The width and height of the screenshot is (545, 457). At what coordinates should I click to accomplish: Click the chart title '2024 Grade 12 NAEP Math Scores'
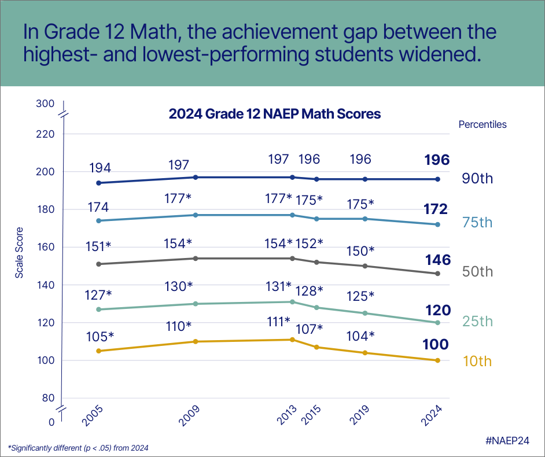pyautogui.click(x=274, y=114)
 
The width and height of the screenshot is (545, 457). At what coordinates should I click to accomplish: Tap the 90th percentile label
pyautogui.click(x=477, y=178)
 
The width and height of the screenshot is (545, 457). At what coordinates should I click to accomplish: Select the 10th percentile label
pyautogui.click(x=477, y=362)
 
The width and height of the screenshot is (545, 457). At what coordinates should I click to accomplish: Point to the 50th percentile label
pyautogui.click(x=477, y=272)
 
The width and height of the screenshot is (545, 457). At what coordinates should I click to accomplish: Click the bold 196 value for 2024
pyautogui.click(x=436, y=160)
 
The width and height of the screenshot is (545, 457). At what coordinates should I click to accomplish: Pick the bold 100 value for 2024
pyautogui.click(x=435, y=345)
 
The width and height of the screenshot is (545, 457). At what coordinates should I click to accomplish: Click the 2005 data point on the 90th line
pyautogui.click(x=99, y=183)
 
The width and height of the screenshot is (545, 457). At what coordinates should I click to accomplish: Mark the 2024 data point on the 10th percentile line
pyautogui.click(x=438, y=360)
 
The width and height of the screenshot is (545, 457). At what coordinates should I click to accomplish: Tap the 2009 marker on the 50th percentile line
pyautogui.click(x=196, y=258)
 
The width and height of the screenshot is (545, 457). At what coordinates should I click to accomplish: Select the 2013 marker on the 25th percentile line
pyautogui.click(x=292, y=301)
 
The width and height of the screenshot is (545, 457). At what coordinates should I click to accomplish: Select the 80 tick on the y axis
pyautogui.click(x=48, y=398)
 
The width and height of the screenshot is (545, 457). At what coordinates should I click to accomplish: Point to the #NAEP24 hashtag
pyautogui.click(x=507, y=440)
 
